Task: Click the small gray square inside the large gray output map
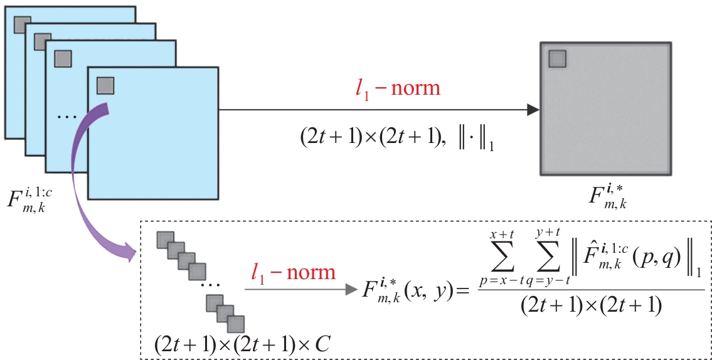[x=558, y=58]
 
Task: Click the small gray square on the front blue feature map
[x=105, y=85]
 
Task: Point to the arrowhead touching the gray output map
[x=532, y=110]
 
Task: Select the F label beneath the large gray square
[x=606, y=194]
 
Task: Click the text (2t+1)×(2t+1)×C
[x=243, y=344]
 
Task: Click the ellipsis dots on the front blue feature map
[x=63, y=117]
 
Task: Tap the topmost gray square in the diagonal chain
[x=164, y=239]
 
